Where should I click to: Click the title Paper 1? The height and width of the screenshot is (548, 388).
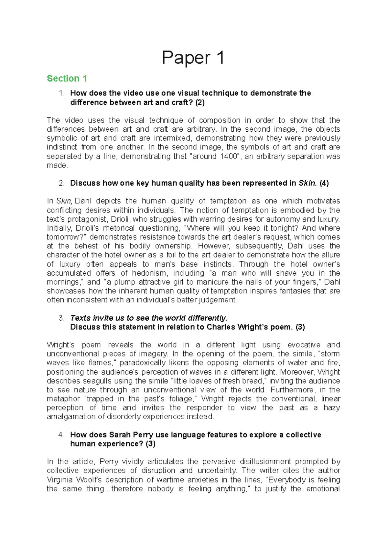coord(193,58)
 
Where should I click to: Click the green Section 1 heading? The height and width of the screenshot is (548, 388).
coord(67,79)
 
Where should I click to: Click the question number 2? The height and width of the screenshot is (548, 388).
coord(61,183)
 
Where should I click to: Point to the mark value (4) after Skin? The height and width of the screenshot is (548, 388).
coord(324,183)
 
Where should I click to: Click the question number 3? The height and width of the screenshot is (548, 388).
coord(61,318)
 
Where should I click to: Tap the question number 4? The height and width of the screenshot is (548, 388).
coord(61,435)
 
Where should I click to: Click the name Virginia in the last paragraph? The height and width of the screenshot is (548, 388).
coord(60,480)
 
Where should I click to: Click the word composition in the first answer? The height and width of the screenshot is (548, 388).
coord(220,120)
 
